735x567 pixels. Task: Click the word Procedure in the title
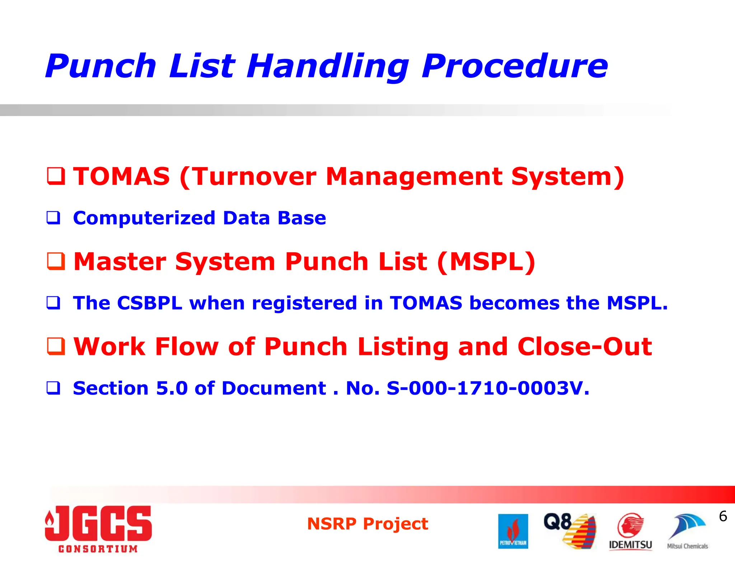515,67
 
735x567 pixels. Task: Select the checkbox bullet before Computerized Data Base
53,218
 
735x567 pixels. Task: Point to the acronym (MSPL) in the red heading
486,262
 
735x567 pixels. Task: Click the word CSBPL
150,303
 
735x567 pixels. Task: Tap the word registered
305,303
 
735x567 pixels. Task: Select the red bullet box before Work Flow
56,346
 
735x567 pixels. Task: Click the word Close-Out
585,347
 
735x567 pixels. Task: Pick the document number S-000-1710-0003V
487,388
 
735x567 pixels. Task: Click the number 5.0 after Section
172,388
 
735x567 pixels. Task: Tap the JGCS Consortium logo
98,529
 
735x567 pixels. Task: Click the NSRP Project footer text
367,524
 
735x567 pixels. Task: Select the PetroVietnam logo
513,531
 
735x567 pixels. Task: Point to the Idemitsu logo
631,532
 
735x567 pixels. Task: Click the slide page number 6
723,516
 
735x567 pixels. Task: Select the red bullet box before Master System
56,261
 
